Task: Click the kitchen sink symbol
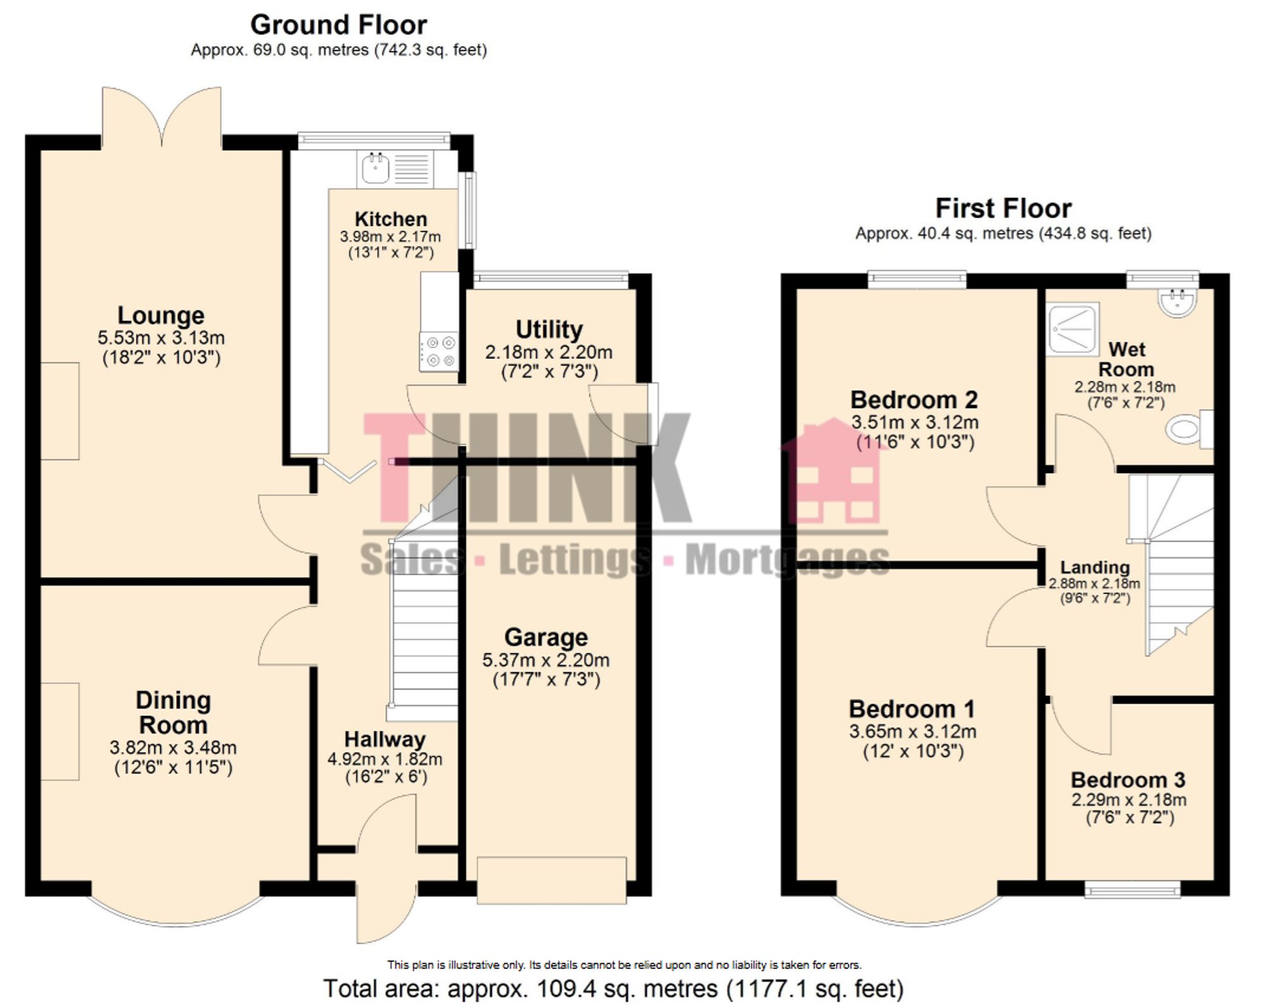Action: point(376,168)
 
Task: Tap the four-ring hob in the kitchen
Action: point(440,352)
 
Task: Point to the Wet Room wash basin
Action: point(1177,302)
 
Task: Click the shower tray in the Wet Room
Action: point(1072,329)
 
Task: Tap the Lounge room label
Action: point(161,315)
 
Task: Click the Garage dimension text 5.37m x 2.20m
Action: point(545,660)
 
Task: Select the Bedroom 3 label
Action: point(1128,779)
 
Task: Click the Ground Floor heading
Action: point(338,25)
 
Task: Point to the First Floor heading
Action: point(1003,208)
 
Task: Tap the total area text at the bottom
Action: point(613,988)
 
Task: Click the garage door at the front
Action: point(552,880)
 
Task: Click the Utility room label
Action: point(548,330)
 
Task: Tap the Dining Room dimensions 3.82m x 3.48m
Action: point(173,747)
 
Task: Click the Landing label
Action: point(1094,567)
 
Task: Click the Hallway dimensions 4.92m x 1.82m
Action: point(385,759)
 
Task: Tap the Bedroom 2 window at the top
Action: point(916,279)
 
